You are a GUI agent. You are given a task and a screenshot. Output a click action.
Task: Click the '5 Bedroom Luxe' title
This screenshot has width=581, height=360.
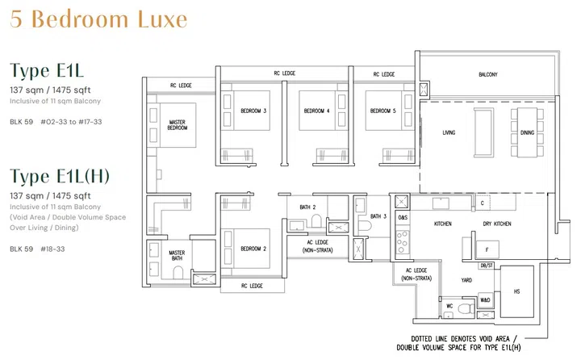[x=98, y=18]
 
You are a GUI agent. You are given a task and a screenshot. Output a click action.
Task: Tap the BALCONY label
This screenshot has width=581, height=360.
[x=487, y=75]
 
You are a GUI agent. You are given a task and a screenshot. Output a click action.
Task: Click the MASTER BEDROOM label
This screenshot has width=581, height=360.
[x=178, y=125]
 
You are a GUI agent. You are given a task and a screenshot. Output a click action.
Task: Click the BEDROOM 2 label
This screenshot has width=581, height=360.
[x=253, y=249]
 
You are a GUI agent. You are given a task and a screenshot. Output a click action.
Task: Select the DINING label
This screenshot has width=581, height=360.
[x=527, y=133]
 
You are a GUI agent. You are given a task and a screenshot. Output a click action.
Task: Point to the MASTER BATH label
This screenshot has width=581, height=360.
[x=178, y=256]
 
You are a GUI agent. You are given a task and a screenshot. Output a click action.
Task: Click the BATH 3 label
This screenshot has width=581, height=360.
[x=378, y=217]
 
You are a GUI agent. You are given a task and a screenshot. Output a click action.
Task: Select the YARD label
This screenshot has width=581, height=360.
[x=466, y=282]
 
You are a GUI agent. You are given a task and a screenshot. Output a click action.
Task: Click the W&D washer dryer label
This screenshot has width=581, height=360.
[x=485, y=300]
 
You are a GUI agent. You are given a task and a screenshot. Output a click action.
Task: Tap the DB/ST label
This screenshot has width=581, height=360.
[x=486, y=265]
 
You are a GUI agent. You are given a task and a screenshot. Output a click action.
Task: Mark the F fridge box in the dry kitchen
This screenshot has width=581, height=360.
[x=487, y=249]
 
